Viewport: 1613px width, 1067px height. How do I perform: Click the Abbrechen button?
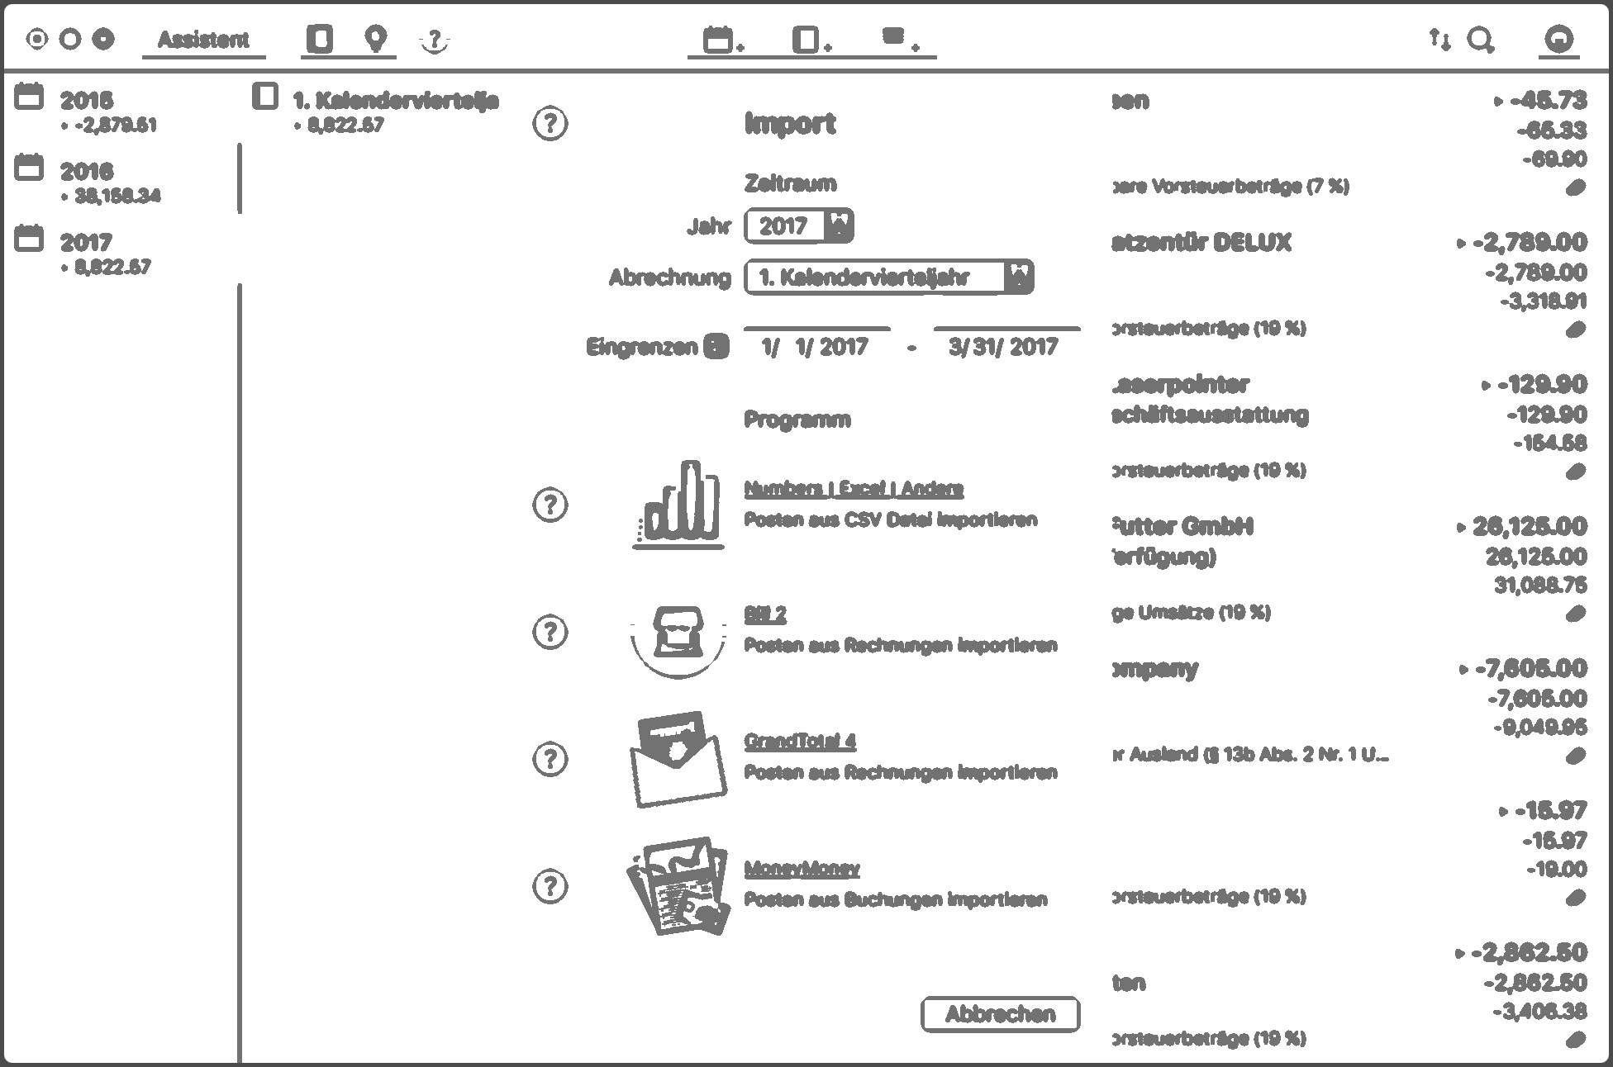[x=1000, y=1014]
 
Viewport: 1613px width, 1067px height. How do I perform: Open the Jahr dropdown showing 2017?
[x=798, y=225]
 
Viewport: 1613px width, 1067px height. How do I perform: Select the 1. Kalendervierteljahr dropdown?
[x=888, y=277]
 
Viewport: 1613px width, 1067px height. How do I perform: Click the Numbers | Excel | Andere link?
[x=854, y=489]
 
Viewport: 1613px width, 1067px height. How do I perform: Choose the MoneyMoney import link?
[x=802, y=869]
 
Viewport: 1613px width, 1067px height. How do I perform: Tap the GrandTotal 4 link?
[x=800, y=741]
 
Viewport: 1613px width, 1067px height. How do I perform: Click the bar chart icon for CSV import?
[x=678, y=505]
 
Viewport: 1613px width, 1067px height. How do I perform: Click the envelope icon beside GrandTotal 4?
[x=678, y=758]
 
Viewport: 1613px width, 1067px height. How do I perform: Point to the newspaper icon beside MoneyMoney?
[x=678, y=886]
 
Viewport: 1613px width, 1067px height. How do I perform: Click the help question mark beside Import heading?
[x=550, y=124]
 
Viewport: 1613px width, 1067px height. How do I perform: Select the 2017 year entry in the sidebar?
[x=86, y=243]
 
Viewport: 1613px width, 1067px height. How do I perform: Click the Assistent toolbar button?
[x=203, y=40]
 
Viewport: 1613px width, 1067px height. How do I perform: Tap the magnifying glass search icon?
[x=1480, y=40]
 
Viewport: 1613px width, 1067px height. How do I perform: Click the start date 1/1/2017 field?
[x=816, y=347]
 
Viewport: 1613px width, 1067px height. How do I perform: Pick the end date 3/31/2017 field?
[x=1005, y=347]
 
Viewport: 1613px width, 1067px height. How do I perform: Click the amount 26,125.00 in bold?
[x=1529, y=526]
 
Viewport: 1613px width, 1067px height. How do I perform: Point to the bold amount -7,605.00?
[x=1530, y=668]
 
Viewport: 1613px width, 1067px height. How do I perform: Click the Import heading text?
[x=790, y=124]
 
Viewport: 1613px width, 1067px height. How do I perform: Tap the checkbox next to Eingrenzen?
[x=716, y=347]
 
